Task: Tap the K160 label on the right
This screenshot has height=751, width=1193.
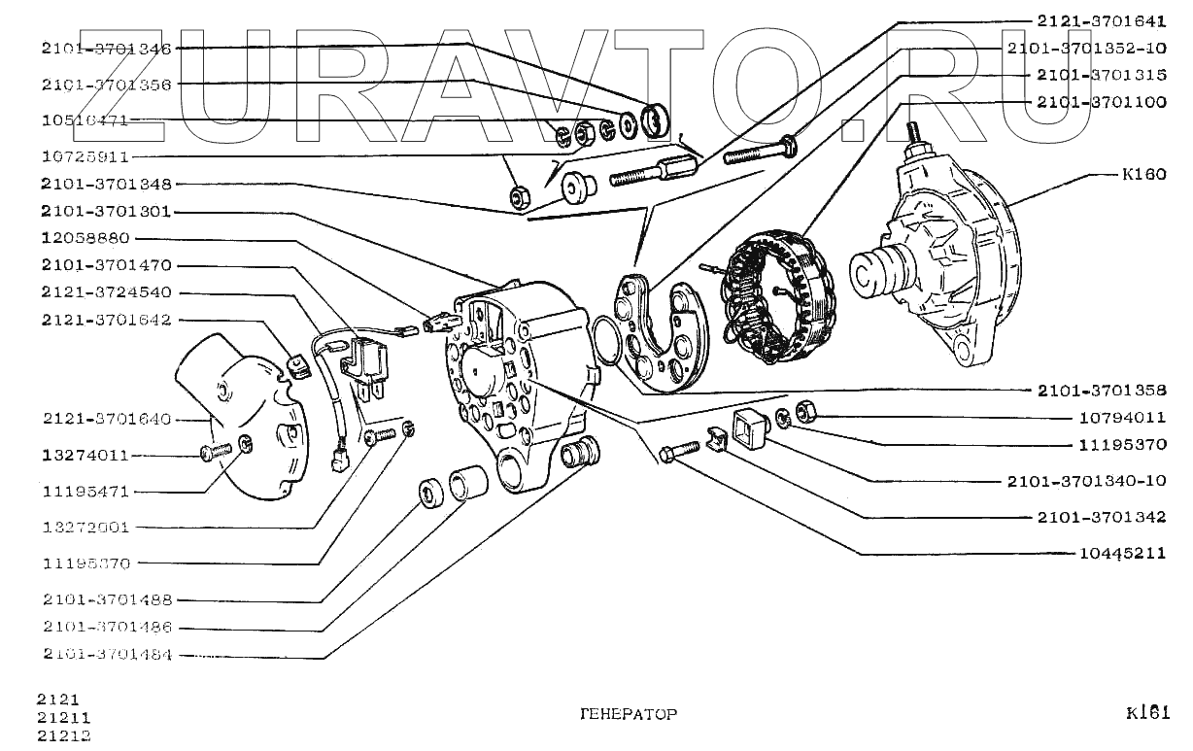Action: click(x=1143, y=176)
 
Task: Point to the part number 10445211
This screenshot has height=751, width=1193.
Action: click(x=1122, y=554)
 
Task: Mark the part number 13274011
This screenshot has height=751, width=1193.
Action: click(x=85, y=455)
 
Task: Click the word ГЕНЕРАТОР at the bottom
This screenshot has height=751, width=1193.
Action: click(x=628, y=714)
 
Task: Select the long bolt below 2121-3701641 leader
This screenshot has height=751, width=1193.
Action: click(x=758, y=151)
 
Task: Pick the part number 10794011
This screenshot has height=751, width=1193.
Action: click(x=1122, y=418)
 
